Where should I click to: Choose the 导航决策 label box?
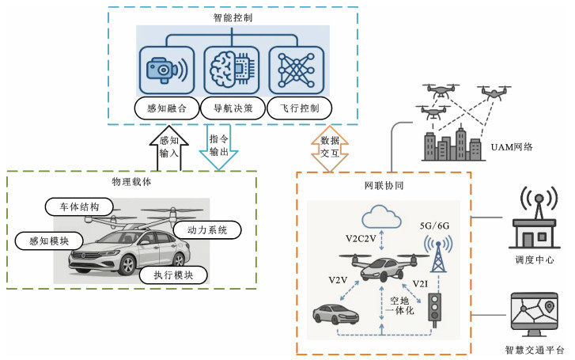pyautogui.click(x=233, y=108)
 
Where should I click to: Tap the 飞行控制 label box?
pyautogui.click(x=298, y=108)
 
